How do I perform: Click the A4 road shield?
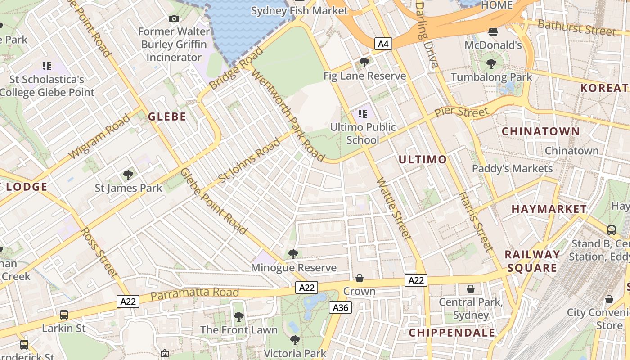tap(383, 44)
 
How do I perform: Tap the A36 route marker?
tap(340, 307)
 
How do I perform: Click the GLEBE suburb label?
tap(167, 117)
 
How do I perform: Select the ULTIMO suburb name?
tap(423, 160)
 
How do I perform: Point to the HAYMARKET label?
tap(549, 209)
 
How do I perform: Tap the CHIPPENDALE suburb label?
tap(452, 333)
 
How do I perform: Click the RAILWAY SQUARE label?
tap(532, 261)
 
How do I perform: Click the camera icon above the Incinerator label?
tap(174, 18)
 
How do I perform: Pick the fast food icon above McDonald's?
tap(493, 32)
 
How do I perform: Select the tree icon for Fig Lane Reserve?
tap(364, 63)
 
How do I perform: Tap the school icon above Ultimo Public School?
tap(363, 114)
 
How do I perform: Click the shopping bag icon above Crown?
tap(359, 278)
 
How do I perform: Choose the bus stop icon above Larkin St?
tap(64, 315)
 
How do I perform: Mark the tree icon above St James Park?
tap(128, 175)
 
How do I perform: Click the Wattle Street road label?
tap(394, 209)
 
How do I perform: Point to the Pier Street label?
tap(461, 112)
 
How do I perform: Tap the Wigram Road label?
tap(99, 137)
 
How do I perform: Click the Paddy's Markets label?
tap(512, 169)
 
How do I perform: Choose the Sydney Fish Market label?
tap(299, 10)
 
